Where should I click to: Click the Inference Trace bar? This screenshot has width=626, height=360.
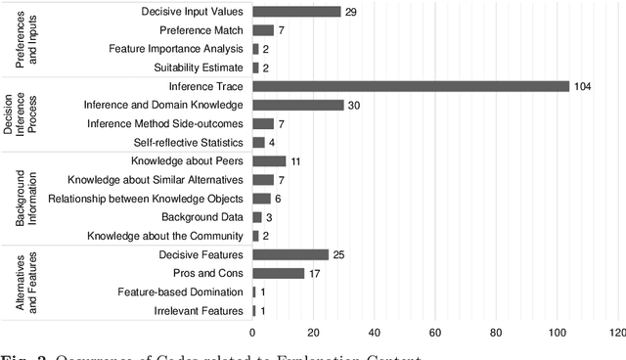[x=411, y=86]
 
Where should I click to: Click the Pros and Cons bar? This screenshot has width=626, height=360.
[x=279, y=273]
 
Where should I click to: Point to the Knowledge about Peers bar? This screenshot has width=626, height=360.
[x=269, y=160]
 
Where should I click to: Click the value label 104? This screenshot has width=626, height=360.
[x=583, y=86]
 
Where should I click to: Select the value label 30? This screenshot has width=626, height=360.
[x=355, y=105]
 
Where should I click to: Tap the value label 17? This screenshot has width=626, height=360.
[x=315, y=273]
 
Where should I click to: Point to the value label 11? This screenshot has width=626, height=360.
[x=296, y=160]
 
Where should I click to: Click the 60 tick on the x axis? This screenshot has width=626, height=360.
[x=435, y=333]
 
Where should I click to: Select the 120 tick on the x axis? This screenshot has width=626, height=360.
[x=616, y=333]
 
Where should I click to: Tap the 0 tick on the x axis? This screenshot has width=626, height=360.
[x=252, y=333]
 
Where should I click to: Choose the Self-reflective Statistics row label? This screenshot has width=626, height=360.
[x=185, y=142]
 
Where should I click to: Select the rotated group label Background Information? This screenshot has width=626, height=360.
[x=26, y=199]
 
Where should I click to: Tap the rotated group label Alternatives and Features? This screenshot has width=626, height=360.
[x=26, y=283]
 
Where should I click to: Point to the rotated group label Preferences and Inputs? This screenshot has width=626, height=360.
[x=26, y=40]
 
